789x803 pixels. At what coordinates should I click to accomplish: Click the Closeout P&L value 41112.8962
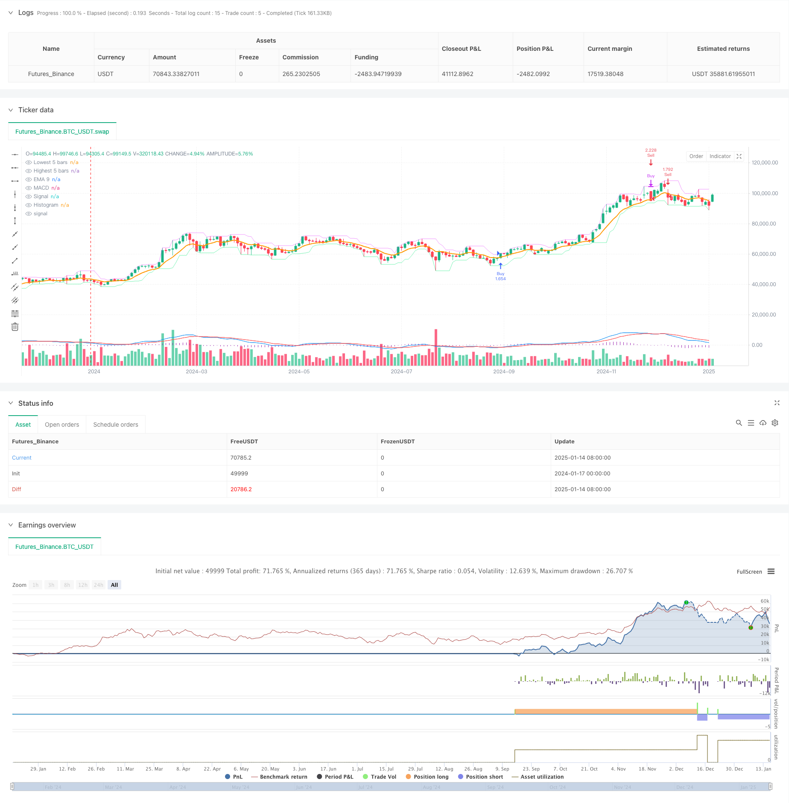click(x=457, y=74)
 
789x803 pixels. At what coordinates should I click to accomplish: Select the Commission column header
click(x=300, y=57)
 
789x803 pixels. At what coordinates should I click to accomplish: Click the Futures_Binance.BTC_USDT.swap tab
click(x=62, y=132)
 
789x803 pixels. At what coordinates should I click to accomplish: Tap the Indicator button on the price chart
click(x=720, y=156)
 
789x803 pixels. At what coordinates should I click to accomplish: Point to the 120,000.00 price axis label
click(x=765, y=163)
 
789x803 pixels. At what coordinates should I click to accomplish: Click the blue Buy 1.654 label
click(x=500, y=276)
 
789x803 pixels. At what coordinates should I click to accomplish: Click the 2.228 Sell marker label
click(x=651, y=152)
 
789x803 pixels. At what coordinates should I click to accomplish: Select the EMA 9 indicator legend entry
click(x=41, y=179)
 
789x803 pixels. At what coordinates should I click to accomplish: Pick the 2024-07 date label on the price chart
click(x=401, y=372)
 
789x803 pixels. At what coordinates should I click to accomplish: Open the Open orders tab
click(x=62, y=425)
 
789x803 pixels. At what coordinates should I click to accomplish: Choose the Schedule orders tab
click(x=116, y=425)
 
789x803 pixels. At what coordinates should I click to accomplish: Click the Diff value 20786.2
click(x=241, y=489)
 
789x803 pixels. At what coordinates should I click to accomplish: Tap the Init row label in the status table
click(x=16, y=474)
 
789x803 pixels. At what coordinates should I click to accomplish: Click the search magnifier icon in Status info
click(x=739, y=423)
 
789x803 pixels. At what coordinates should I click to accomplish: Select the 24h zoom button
click(x=99, y=585)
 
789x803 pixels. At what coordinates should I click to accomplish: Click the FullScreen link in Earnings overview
click(x=749, y=572)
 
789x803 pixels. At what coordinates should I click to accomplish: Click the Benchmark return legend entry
click(x=283, y=777)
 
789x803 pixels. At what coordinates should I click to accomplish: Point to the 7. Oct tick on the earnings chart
click(x=560, y=769)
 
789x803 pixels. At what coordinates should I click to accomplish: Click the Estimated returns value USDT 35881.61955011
click(x=723, y=74)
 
